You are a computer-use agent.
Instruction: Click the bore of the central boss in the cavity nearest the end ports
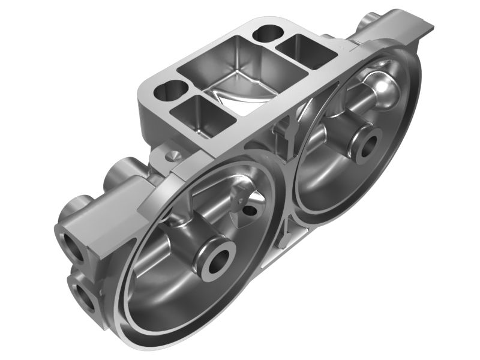217,260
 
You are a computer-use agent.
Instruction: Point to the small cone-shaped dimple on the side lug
170,155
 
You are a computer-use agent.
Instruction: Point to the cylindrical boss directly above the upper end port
75,207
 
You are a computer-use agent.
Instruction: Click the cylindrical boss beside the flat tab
367,22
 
